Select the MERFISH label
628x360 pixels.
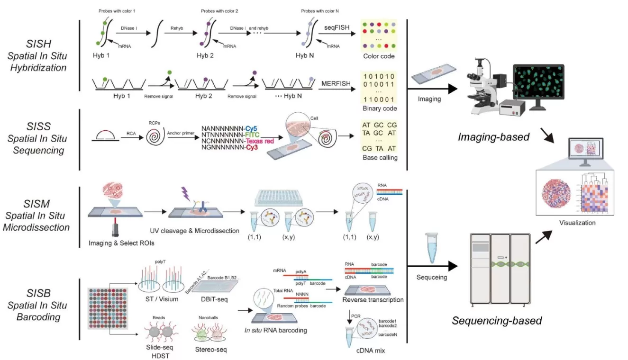click(x=336, y=84)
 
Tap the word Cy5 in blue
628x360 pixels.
click(x=252, y=128)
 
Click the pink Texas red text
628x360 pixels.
click(x=261, y=141)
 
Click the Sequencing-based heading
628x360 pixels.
click(x=497, y=321)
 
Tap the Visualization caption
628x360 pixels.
click(x=577, y=223)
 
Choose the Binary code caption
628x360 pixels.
click(x=379, y=108)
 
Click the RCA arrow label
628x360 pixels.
click(x=131, y=134)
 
